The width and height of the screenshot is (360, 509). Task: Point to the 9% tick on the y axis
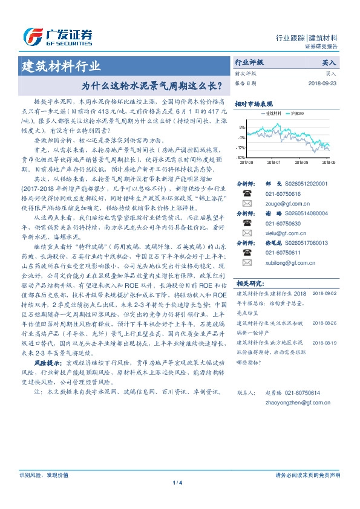click(242, 128)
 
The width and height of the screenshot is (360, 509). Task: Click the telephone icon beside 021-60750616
click(247, 194)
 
